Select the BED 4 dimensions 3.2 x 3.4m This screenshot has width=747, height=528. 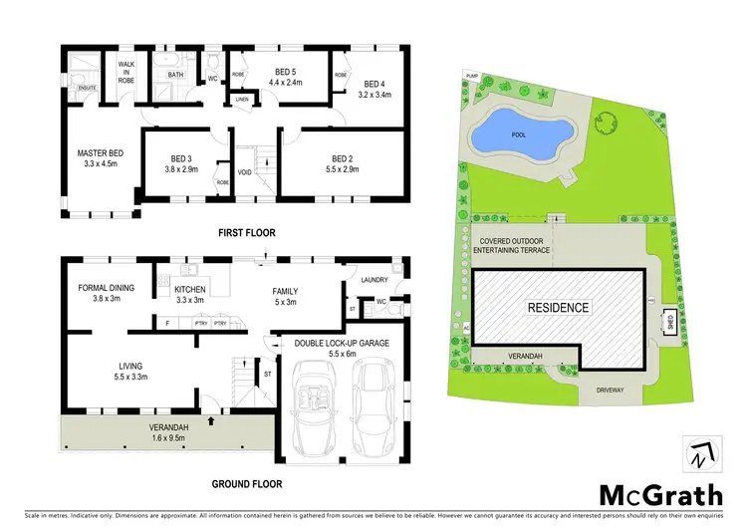(x=374, y=96)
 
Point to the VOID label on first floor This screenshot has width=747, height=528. (x=244, y=172)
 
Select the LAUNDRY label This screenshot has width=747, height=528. (x=373, y=280)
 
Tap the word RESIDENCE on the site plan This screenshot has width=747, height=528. (x=558, y=308)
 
